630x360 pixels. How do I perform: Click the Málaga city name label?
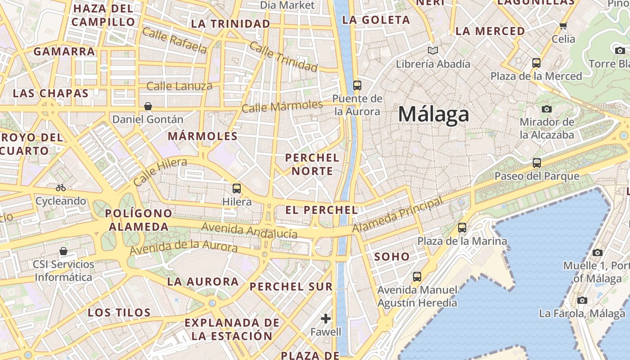tap(433, 114)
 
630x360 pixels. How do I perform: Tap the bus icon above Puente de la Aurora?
tap(357, 85)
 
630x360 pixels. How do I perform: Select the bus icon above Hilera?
tap(237, 188)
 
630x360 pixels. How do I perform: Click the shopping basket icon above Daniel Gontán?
tap(148, 106)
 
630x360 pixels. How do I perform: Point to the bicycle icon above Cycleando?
tap(61, 187)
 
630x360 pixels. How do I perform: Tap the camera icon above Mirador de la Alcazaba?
tap(547, 109)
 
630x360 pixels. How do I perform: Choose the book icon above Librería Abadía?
tap(433, 50)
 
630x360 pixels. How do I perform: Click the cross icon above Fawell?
tap(326, 319)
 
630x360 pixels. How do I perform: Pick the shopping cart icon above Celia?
tap(563, 26)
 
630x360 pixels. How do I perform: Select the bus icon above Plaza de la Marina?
tap(462, 228)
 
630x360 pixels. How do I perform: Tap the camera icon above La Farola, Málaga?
tap(582, 300)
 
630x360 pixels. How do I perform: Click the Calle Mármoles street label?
tap(282, 107)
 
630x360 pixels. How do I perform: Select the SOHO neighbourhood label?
tap(392, 257)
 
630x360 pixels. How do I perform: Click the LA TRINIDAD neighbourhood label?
tap(231, 24)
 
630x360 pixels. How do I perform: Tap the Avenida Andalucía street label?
tap(249, 230)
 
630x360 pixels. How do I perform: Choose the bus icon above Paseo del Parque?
tap(537, 162)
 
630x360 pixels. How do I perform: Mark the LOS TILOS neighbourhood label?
tap(119, 312)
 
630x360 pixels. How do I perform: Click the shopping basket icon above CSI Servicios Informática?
tap(63, 251)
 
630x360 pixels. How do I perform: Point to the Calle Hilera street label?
tap(160, 172)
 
